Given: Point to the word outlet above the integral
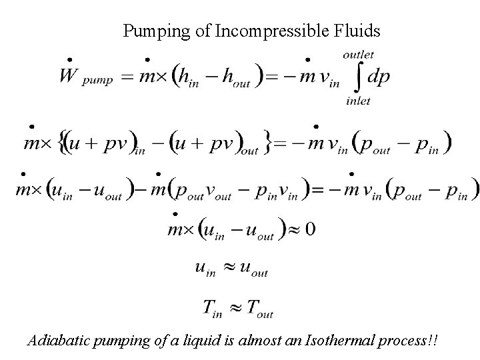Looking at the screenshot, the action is [x=358, y=55].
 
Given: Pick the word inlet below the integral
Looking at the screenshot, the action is [x=358, y=101].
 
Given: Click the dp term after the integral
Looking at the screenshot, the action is [x=379, y=77].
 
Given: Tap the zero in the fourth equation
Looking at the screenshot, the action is [x=310, y=229].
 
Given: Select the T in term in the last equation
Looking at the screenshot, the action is [x=215, y=307].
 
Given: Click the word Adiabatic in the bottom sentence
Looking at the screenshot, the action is [x=56, y=341].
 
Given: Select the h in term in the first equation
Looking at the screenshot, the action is [x=189, y=78].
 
